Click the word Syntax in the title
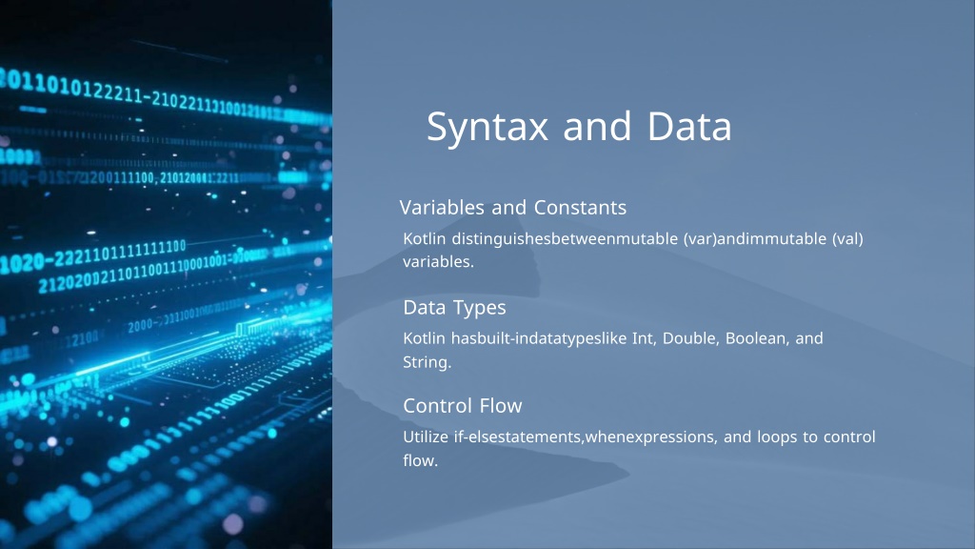pyautogui.click(x=487, y=128)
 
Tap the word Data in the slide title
pyautogui.click(x=689, y=127)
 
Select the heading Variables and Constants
pyautogui.click(x=513, y=207)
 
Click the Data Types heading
pyautogui.click(x=454, y=308)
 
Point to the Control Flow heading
pyautogui.click(x=463, y=406)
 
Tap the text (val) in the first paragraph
pyautogui.click(x=847, y=239)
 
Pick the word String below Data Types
pyautogui.click(x=427, y=363)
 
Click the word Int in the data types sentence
pyautogui.click(x=645, y=338)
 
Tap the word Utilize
pyautogui.click(x=426, y=437)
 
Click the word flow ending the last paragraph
pyautogui.click(x=420, y=460)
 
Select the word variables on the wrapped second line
pyautogui.click(x=438, y=262)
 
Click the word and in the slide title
pyautogui.click(x=598, y=127)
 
